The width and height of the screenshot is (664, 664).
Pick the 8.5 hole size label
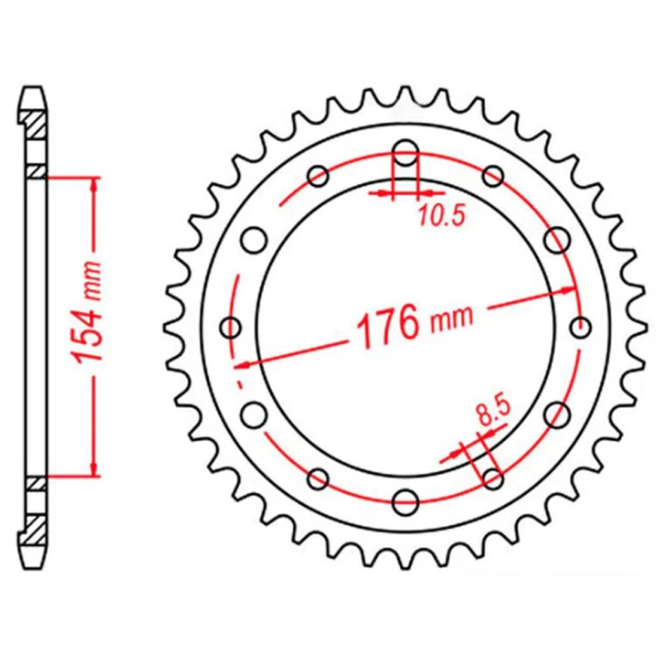point(490,412)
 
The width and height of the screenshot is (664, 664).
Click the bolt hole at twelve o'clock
point(405,153)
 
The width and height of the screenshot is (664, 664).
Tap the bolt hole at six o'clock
point(405,500)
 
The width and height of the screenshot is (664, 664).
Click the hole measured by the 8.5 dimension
point(493,478)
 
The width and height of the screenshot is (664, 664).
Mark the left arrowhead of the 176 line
point(242,363)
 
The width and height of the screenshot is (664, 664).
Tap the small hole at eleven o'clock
point(318,176)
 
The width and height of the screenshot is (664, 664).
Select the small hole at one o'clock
point(493,176)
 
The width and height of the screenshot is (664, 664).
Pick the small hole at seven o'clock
point(318,478)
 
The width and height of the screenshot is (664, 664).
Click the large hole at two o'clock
point(556,240)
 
